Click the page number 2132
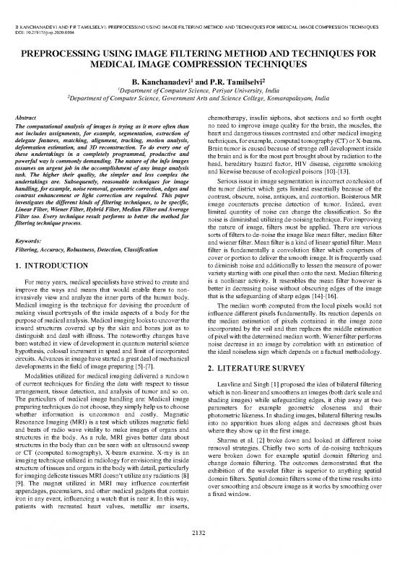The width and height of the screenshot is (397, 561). [198, 552]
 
